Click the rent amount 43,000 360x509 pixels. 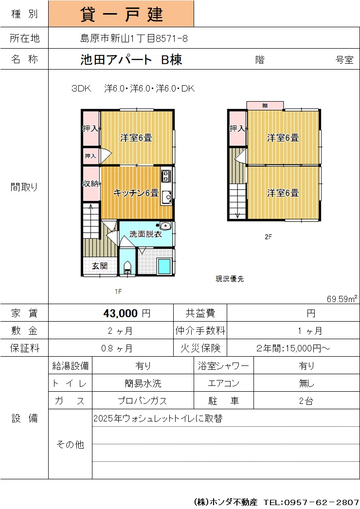[x=121, y=313]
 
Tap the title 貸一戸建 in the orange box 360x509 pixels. [x=122, y=14]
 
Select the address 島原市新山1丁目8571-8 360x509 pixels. [x=134, y=38]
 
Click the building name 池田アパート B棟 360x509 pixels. [x=131, y=59]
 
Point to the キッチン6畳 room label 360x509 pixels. [x=136, y=193]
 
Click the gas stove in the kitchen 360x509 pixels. [x=166, y=176]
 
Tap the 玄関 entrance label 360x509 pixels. [x=99, y=266]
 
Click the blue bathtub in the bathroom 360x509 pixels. [x=164, y=266]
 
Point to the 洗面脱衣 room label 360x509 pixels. [x=145, y=234]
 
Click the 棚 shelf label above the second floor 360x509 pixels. [x=265, y=106]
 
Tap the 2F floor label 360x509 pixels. [x=268, y=236]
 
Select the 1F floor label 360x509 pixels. [x=118, y=291]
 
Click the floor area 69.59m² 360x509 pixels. [x=342, y=299]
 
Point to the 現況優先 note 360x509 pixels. [x=230, y=279]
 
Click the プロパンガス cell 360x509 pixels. [x=143, y=401]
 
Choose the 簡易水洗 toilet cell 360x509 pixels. [x=143, y=383]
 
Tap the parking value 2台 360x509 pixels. [x=306, y=401]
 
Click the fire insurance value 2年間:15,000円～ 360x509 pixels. [x=293, y=348]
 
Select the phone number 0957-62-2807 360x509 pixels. [x=322, y=502]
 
